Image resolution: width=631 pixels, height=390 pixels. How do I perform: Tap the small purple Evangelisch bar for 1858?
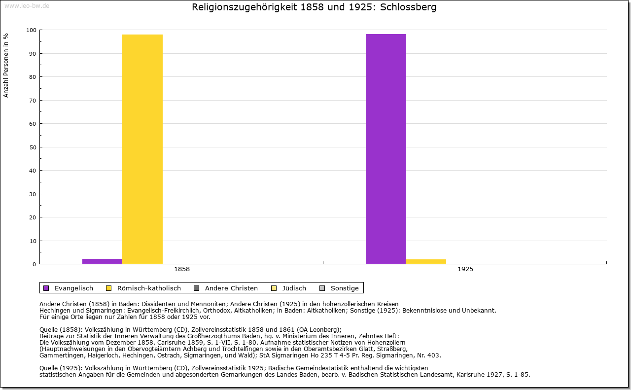(x=102, y=261)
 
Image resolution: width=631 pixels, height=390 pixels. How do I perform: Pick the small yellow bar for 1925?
(x=426, y=261)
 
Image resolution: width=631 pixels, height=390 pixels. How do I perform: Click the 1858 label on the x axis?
(x=182, y=269)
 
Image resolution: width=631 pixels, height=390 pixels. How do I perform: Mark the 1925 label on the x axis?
(x=465, y=269)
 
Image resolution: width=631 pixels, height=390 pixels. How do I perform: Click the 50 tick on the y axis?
(x=33, y=147)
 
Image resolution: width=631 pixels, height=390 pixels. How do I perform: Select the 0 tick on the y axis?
(x=34, y=264)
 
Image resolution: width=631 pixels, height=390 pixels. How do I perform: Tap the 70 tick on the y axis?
(x=33, y=101)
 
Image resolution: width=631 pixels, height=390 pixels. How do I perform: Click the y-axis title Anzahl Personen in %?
(x=6, y=65)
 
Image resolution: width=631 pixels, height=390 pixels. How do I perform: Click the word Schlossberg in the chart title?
(x=408, y=7)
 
